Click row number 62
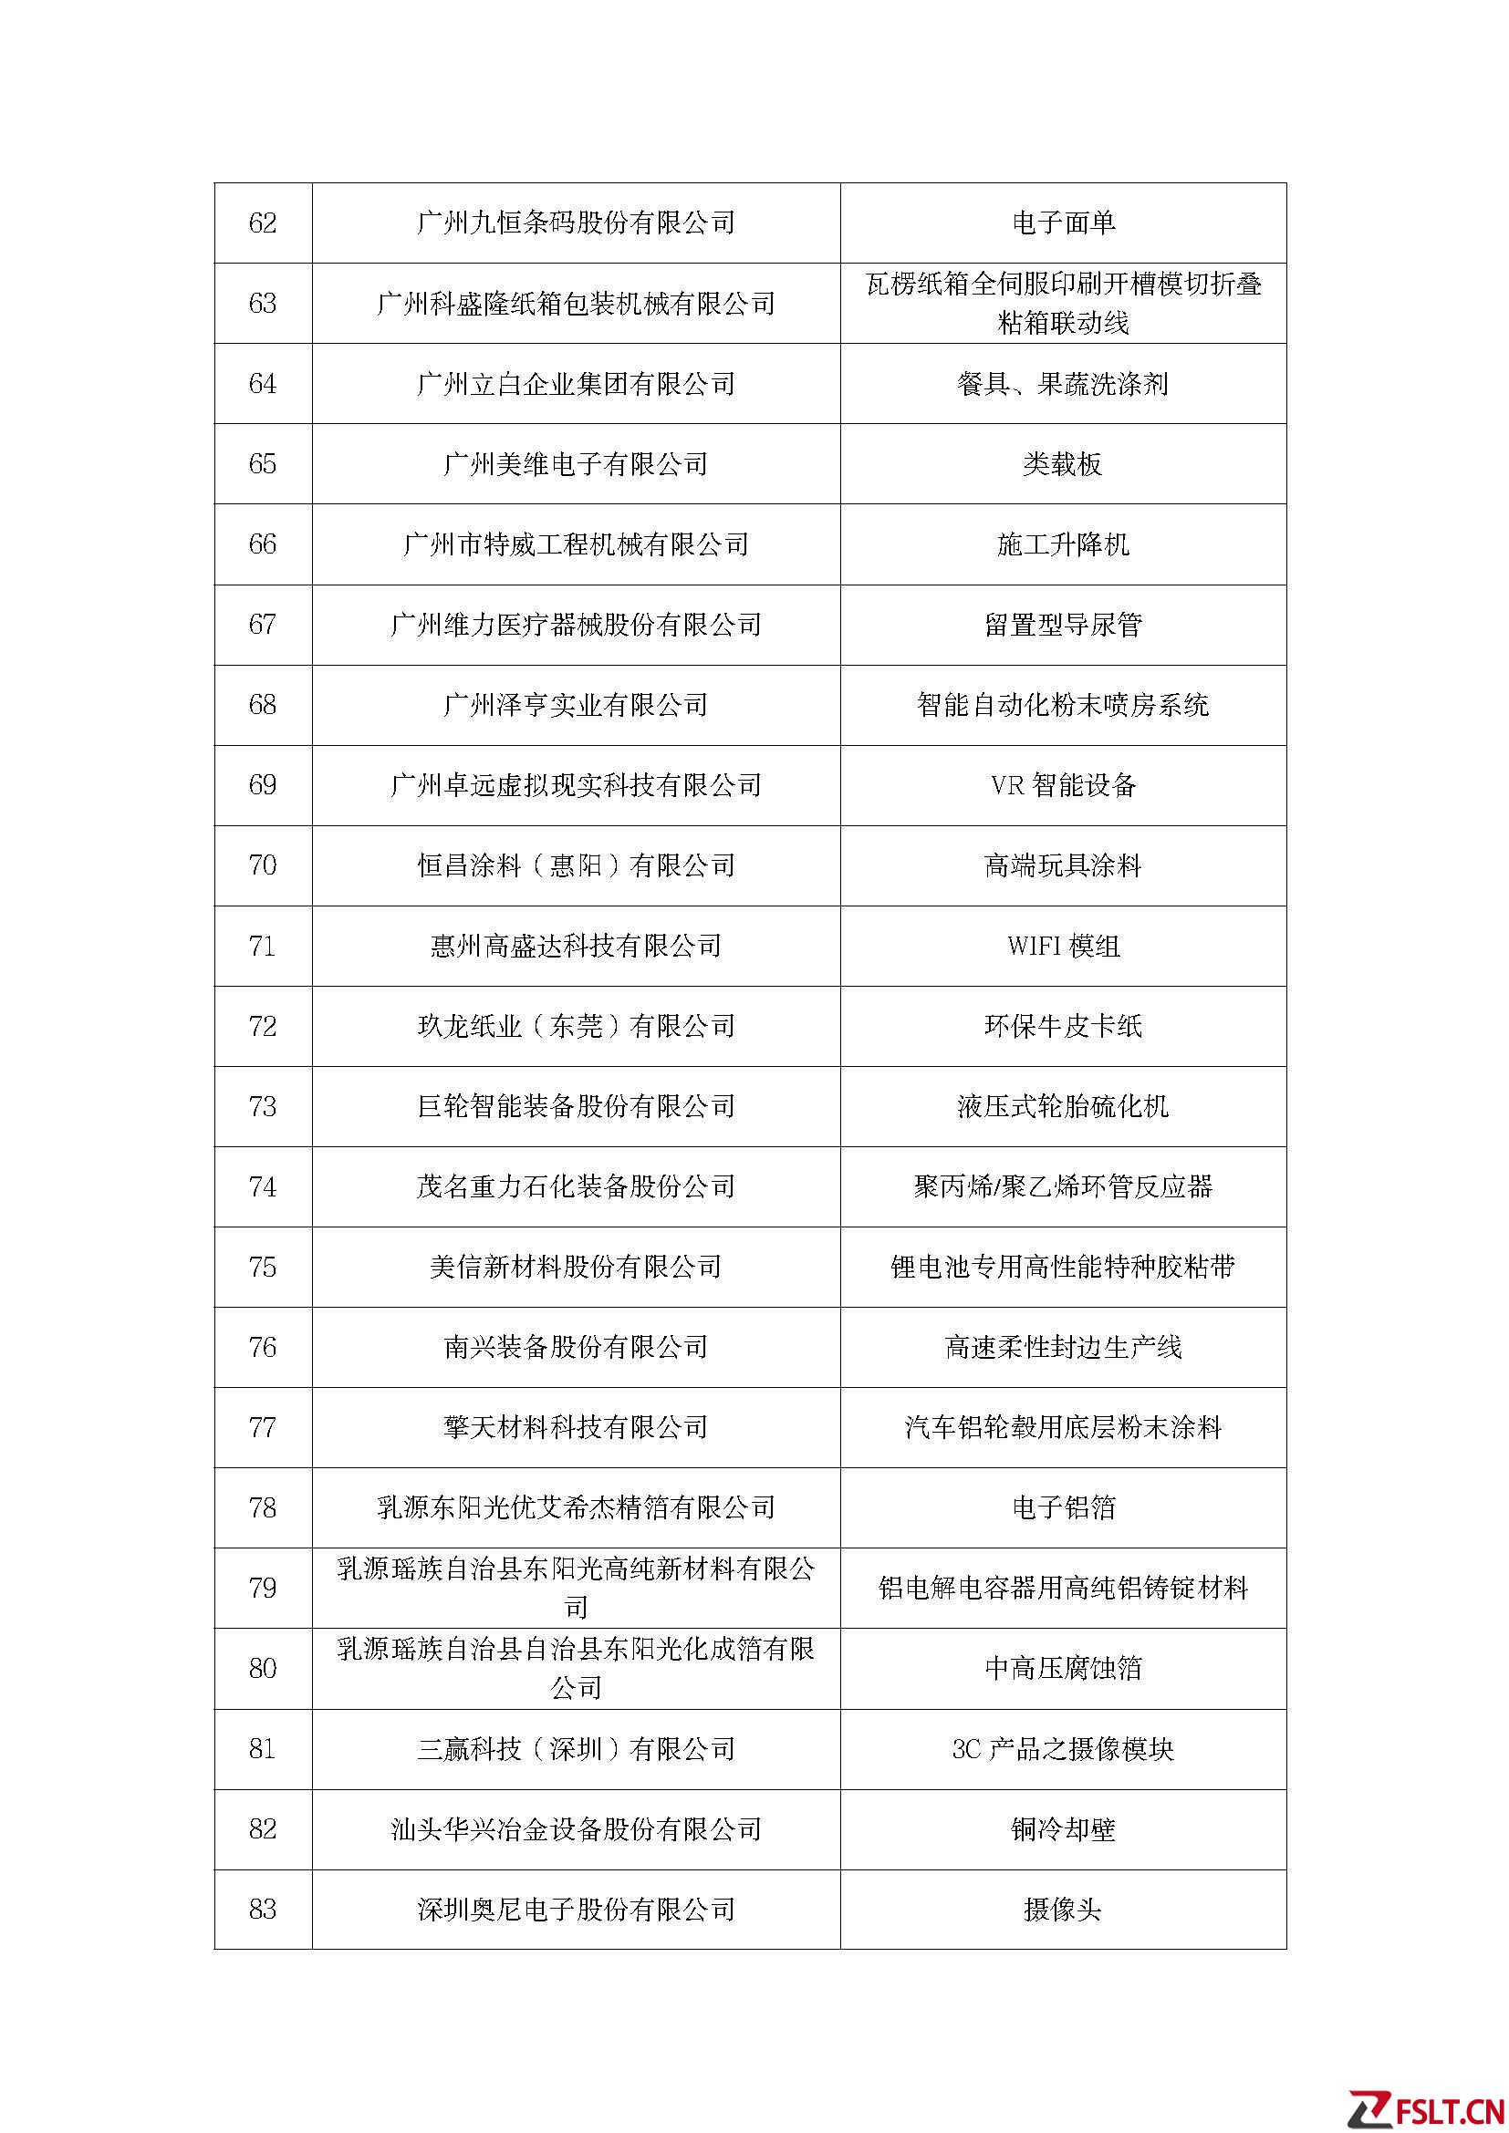(x=263, y=223)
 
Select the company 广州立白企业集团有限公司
(x=576, y=384)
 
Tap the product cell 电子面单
(x=1063, y=223)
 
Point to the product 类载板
(x=1063, y=463)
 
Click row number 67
(x=263, y=625)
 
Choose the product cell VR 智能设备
(x=1063, y=785)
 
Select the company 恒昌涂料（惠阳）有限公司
(x=576, y=865)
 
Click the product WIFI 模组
(x=1063, y=946)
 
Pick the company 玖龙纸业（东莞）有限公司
(x=576, y=1027)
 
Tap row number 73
(x=263, y=1106)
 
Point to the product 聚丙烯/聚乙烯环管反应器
(x=1063, y=1186)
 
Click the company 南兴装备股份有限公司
(x=576, y=1347)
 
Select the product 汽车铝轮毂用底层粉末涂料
(x=1063, y=1427)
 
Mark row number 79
(x=263, y=1588)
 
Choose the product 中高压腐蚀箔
(x=1063, y=1669)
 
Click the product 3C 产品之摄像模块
(x=1063, y=1749)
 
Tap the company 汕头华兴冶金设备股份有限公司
(x=576, y=1829)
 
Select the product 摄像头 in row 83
(x=1063, y=1909)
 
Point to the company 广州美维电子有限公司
(x=576, y=463)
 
